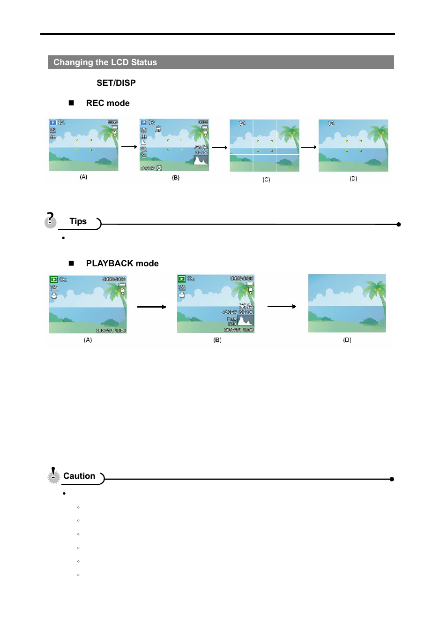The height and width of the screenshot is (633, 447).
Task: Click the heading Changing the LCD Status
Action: click(x=105, y=62)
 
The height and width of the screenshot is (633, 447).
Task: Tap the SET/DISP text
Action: click(x=116, y=83)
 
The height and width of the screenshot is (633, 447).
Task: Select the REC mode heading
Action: click(x=107, y=103)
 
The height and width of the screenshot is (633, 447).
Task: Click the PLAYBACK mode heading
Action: click(x=122, y=264)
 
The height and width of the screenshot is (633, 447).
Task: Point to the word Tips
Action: click(x=78, y=221)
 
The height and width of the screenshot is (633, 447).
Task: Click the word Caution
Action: click(x=79, y=476)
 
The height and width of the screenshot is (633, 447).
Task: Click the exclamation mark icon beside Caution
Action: click(x=53, y=475)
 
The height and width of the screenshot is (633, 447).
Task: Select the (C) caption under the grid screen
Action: click(x=266, y=180)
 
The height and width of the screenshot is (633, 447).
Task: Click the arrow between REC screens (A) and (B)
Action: click(x=129, y=147)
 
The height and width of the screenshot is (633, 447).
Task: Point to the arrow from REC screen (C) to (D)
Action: click(x=308, y=147)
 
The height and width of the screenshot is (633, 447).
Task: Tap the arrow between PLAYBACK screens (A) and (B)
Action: click(x=151, y=307)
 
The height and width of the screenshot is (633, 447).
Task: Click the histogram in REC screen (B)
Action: click(x=201, y=160)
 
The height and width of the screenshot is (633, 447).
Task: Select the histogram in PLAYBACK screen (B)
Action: click(x=246, y=321)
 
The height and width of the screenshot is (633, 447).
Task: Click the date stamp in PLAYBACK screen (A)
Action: click(x=111, y=331)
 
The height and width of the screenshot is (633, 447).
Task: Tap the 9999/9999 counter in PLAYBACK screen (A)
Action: click(x=114, y=279)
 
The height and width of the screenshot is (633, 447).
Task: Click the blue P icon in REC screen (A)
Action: click(x=53, y=123)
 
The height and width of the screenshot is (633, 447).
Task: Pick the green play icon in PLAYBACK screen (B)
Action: click(x=181, y=279)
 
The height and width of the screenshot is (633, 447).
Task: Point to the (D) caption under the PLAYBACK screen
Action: click(x=347, y=340)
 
